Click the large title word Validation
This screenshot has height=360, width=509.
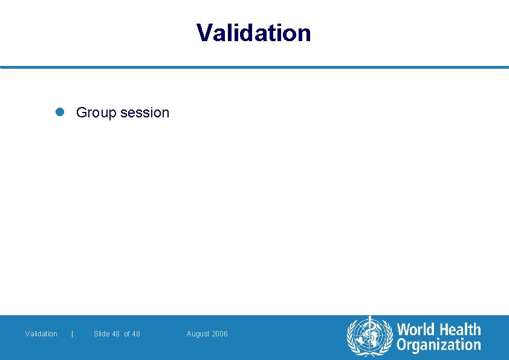pos(254,33)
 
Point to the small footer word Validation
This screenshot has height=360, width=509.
pos(41,334)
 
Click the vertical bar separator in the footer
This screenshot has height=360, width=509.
pos(73,334)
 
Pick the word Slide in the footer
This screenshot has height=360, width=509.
pos(102,334)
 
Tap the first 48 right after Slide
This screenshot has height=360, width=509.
pos(115,334)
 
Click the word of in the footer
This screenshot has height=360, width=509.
pos(127,334)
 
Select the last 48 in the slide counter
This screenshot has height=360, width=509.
pos(135,334)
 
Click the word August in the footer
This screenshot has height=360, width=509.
pos(198,334)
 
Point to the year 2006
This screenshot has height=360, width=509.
pos(219,334)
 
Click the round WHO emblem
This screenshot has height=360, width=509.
pos(369,336)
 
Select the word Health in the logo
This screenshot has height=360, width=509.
pos(459,330)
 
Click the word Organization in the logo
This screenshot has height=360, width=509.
pos(439,345)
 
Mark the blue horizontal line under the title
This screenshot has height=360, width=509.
pos(254,67)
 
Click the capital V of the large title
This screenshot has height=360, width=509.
pos(205,33)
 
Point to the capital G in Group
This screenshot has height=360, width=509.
pos(82,113)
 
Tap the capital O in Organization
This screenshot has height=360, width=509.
pos(402,345)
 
